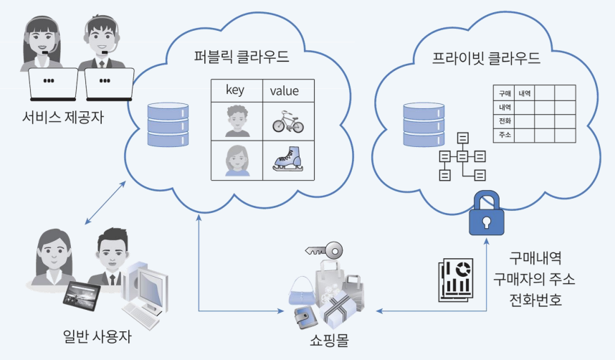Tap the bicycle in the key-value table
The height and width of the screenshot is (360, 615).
point(287,122)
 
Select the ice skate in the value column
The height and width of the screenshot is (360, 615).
point(287,159)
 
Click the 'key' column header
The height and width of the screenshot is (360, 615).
point(236,90)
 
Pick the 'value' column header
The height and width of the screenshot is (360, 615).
point(285,90)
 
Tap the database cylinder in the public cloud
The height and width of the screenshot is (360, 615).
point(168,126)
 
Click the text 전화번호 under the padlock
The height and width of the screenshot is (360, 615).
point(535,298)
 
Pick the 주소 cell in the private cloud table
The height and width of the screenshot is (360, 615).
point(503,135)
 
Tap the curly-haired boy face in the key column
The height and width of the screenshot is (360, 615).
point(237,121)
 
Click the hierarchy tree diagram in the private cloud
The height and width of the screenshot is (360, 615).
point(462,156)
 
